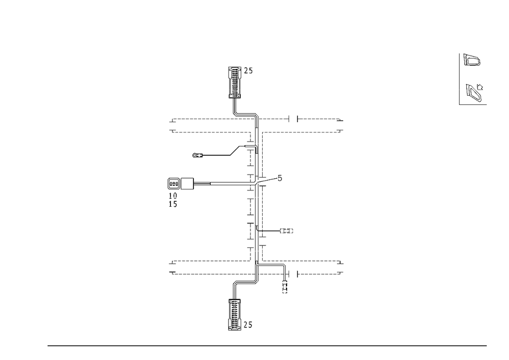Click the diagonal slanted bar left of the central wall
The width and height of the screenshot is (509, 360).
coord(235,151)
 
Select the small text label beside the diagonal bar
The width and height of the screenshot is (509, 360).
coord(197,154)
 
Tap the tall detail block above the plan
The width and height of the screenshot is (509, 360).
coord(234,81)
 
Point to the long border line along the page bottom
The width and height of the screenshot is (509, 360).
coord(267,345)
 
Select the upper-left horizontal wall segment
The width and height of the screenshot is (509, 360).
coord(211,131)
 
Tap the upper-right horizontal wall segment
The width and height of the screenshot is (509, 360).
coord(300,131)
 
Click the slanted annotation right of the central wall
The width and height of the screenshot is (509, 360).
coord(270,179)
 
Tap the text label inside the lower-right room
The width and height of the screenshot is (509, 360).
coord(288,232)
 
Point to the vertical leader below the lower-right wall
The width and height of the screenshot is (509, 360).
coord(284,280)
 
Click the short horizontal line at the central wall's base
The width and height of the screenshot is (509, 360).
coord(244,282)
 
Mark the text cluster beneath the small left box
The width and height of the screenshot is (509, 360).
coord(174,198)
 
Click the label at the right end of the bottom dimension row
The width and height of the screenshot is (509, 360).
coord(340,272)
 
